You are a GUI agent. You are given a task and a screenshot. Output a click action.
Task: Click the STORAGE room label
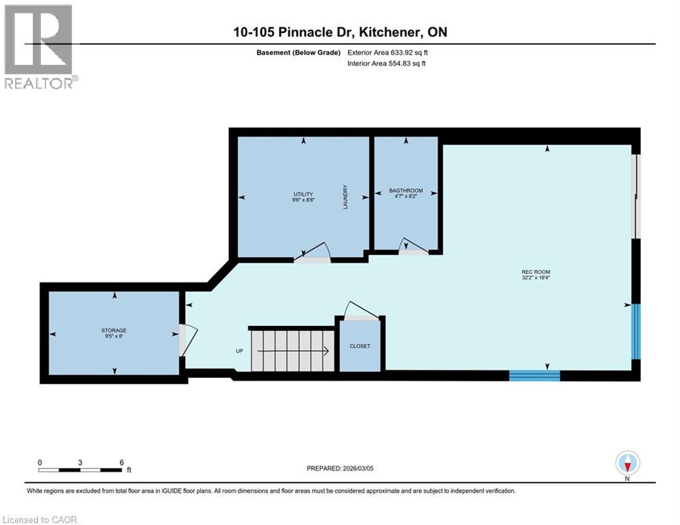click(x=114, y=330)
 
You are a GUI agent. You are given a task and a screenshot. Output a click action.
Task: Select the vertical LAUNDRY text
click(x=346, y=197)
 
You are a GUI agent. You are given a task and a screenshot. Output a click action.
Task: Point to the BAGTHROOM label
click(x=406, y=191)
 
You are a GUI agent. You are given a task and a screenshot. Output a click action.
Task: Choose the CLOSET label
click(x=359, y=346)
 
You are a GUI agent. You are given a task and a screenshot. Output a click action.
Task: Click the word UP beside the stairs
click(x=239, y=351)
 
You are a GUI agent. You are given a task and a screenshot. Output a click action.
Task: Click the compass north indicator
click(x=627, y=464)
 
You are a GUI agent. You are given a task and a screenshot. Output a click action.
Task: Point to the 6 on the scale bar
click(x=121, y=462)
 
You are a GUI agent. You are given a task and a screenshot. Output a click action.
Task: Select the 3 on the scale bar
click(x=80, y=462)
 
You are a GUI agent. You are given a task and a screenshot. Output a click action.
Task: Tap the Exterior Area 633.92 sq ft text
click(x=387, y=52)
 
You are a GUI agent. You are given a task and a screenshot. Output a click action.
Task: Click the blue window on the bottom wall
click(x=534, y=375)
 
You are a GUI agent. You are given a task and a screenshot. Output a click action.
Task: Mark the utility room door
click(x=313, y=254)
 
